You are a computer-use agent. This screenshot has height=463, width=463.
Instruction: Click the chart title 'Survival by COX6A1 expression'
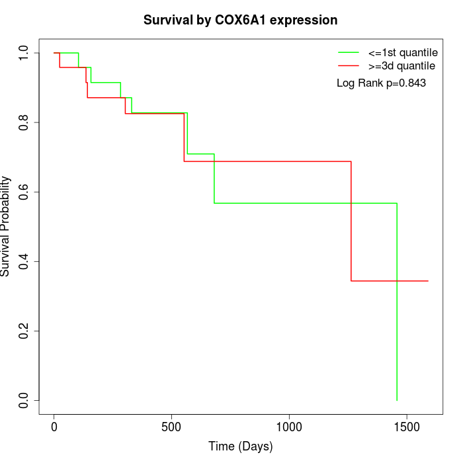240,20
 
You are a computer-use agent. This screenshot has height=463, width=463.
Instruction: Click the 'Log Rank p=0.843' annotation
381,83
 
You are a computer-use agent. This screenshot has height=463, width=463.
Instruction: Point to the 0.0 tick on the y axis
24,400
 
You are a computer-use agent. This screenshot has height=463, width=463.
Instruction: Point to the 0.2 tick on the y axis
24,331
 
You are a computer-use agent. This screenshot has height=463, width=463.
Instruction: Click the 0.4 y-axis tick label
24,261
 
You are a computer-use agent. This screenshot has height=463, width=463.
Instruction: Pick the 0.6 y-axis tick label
24,192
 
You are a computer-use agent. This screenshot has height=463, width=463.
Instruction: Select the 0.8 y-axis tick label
24,122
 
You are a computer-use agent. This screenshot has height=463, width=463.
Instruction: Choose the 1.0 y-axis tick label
24,53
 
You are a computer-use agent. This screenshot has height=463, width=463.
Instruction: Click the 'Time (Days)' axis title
240,446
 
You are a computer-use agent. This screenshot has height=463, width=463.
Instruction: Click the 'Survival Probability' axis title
7,226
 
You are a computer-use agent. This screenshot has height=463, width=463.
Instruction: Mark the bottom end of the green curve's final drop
397,400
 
